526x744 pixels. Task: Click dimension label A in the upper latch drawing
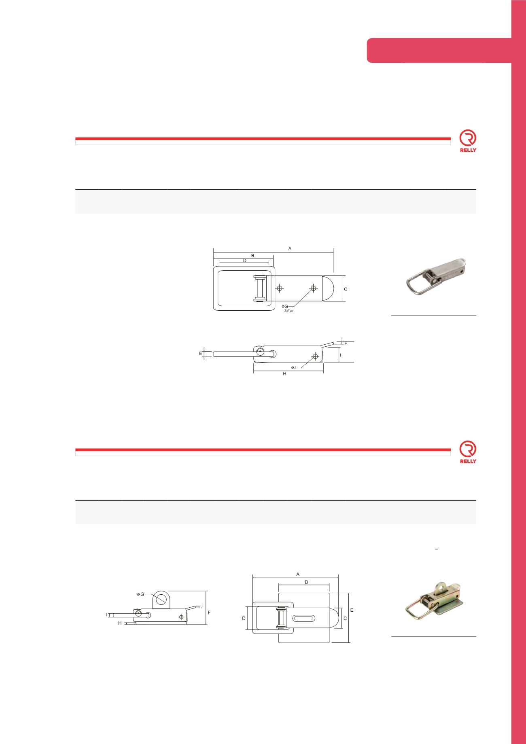(x=290, y=249)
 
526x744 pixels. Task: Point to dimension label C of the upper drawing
(x=346, y=289)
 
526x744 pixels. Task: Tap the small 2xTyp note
(x=288, y=310)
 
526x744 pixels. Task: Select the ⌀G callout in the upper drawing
(x=285, y=306)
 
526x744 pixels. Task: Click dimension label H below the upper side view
(x=284, y=374)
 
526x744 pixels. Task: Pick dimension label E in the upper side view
(x=201, y=354)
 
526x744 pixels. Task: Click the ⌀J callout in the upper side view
(x=294, y=367)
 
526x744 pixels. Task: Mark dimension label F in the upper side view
(x=346, y=343)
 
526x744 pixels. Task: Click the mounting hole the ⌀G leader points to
(x=313, y=288)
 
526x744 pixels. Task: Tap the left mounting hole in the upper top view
(x=279, y=288)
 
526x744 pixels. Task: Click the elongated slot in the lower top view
(x=305, y=618)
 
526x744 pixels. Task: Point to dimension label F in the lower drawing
(x=209, y=613)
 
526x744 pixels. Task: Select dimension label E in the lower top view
(x=352, y=609)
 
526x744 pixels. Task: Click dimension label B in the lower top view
(x=307, y=582)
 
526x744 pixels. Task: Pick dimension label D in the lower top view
(x=244, y=619)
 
